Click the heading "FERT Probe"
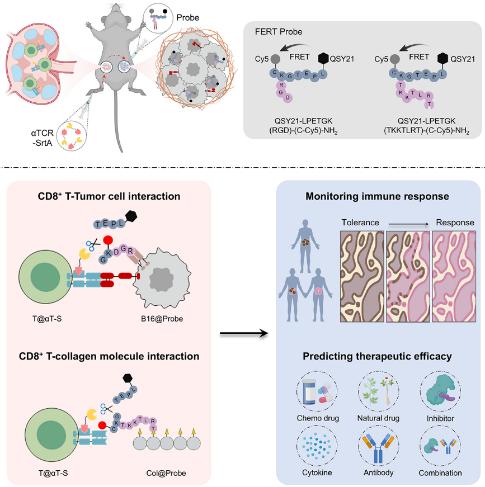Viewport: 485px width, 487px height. (279, 32)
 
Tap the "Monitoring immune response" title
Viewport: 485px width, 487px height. (377, 196)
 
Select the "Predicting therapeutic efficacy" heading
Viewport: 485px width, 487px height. (377, 356)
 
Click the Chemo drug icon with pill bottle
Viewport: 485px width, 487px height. (317, 391)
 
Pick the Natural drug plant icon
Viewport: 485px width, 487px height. (378, 391)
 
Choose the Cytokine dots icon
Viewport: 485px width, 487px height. (317, 446)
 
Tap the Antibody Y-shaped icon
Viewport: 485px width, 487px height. (378, 446)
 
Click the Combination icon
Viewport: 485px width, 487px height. (440, 446)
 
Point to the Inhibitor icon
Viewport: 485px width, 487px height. (440, 391)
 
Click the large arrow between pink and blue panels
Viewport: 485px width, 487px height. (243, 334)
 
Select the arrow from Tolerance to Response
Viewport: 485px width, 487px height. (408, 224)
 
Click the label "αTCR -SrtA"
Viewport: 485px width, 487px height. (43, 138)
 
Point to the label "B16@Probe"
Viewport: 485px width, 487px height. (162, 319)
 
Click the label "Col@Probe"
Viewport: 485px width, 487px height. (166, 473)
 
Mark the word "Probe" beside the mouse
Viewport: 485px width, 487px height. (187, 18)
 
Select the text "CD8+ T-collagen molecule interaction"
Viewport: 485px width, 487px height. (109, 356)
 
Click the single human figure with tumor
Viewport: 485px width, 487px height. (305, 245)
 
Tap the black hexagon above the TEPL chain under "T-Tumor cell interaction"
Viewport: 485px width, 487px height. (131, 216)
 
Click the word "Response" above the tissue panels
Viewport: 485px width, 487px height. (455, 223)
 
